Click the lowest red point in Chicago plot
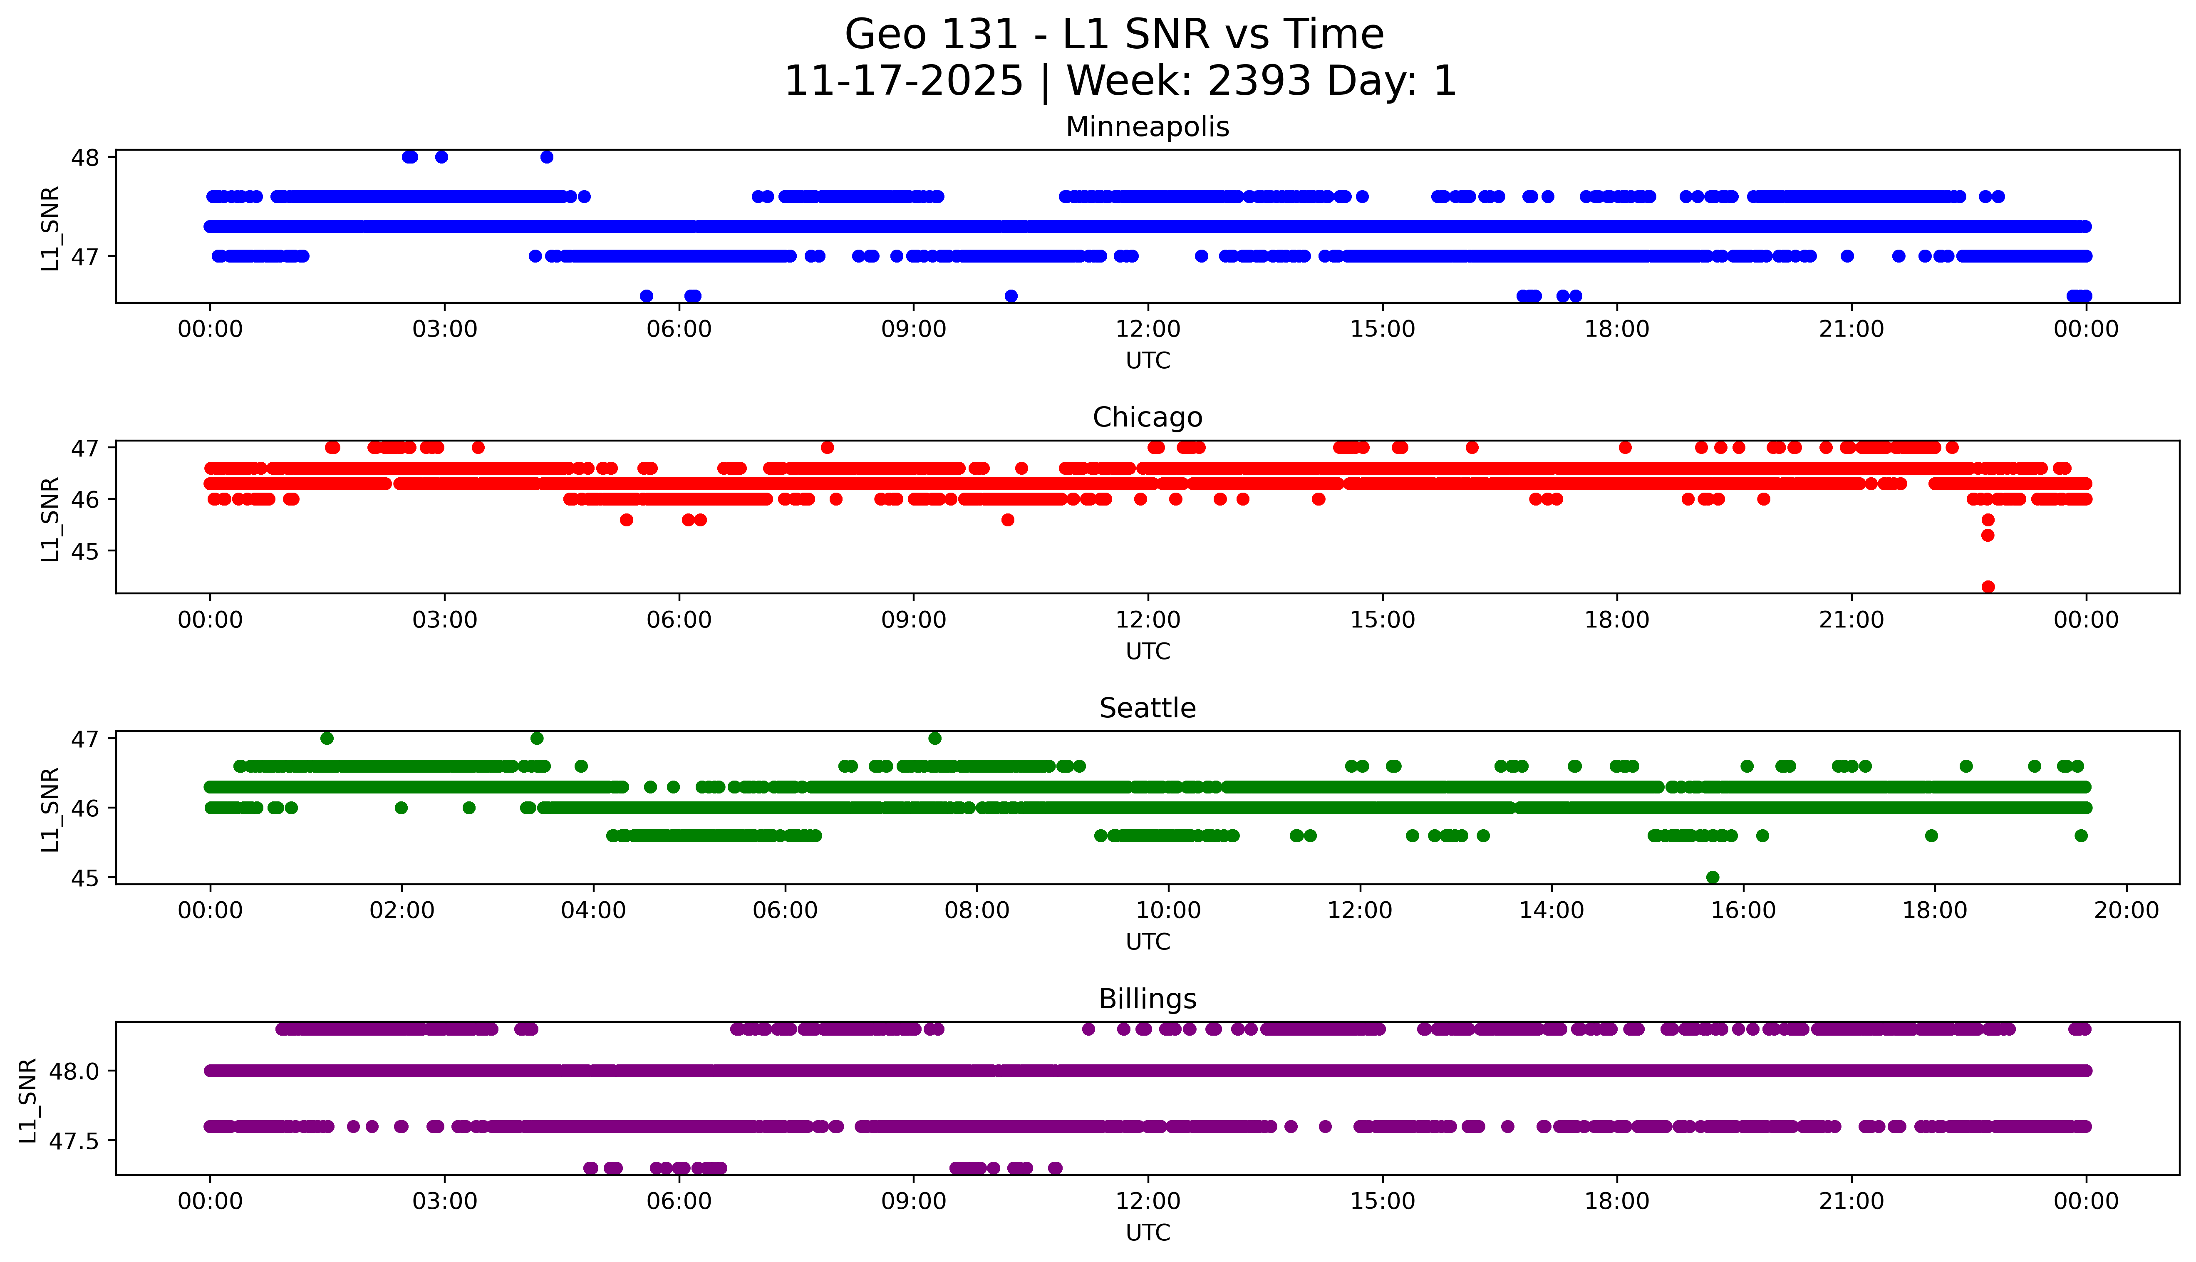coord(1988,587)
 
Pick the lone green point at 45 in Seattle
coord(1713,877)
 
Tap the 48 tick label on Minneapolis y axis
coord(85,158)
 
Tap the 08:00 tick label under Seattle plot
coord(977,911)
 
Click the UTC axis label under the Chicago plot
coord(1148,652)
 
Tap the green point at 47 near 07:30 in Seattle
coord(934,739)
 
